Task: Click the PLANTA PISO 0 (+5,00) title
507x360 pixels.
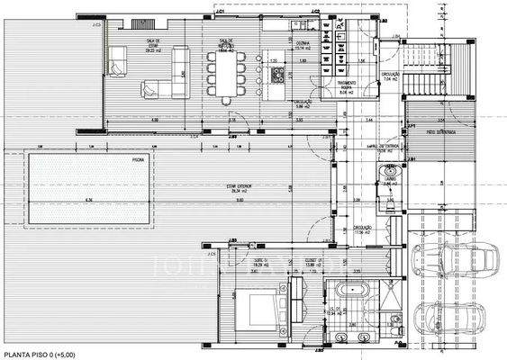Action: click(x=41, y=354)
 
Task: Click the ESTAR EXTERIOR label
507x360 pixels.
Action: click(x=238, y=188)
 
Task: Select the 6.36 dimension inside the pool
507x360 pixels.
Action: click(x=88, y=200)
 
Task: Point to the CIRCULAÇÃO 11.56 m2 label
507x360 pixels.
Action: click(x=362, y=230)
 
